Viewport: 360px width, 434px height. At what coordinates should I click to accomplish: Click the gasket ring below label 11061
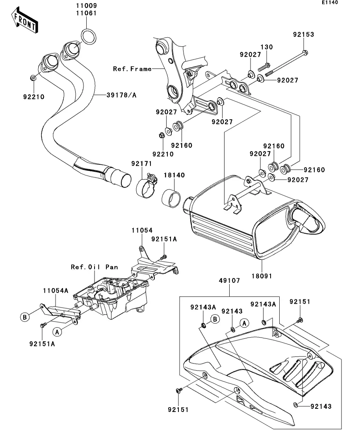pos(89,36)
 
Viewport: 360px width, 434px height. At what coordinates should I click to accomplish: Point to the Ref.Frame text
pos(132,69)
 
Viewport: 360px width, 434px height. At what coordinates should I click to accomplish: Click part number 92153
pos(303,35)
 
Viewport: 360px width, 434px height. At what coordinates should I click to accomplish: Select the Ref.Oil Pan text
pos(94,267)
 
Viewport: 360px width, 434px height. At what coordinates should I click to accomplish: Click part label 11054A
pos(56,291)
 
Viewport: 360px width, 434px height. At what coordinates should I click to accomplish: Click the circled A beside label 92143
pos(244,323)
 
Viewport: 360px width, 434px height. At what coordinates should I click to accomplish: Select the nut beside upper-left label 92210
pos(34,78)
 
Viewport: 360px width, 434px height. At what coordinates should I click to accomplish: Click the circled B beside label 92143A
pos(215,319)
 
